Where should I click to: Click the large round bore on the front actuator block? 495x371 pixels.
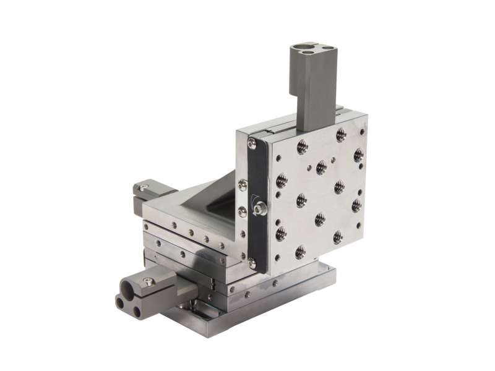tap(131, 288)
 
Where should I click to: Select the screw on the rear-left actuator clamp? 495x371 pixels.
tap(144, 188)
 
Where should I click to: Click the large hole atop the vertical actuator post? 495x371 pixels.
tap(301, 46)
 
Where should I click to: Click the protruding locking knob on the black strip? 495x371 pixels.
tap(262, 208)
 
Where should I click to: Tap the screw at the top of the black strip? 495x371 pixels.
tap(252, 145)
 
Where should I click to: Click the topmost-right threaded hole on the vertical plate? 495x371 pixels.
tap(341, 134)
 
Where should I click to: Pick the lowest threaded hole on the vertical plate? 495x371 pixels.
tap(300, 252)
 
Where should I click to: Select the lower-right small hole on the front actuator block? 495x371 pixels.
tap(136, 310)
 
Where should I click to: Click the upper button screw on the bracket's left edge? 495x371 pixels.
tap(243, 185)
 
